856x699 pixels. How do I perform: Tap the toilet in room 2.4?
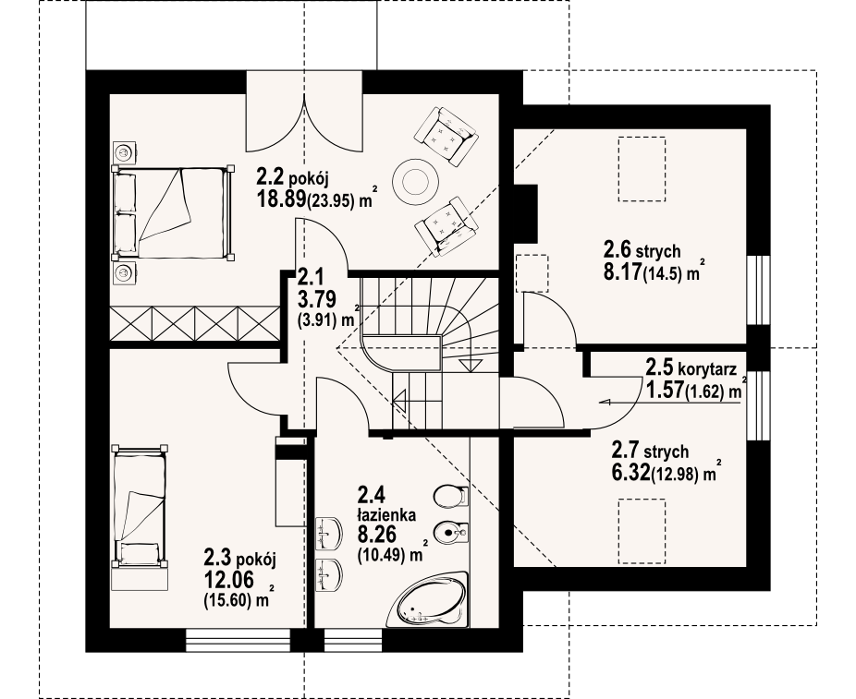point(451,496)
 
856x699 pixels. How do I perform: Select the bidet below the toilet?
point(451,532)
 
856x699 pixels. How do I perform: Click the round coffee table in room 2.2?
point(415,179)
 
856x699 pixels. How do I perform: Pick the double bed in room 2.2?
point(173,211)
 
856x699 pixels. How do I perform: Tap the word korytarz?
point(707,369)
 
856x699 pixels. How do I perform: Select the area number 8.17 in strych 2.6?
point(622,271)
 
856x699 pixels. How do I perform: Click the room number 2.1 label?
point(310,278)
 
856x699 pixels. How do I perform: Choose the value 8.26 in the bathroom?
point(376,534)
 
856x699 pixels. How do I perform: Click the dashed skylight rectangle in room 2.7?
point(642,531)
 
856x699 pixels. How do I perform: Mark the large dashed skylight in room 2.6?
point(642,169)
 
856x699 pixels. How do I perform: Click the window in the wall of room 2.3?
point(238,641)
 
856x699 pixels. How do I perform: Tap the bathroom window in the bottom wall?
point(353,641)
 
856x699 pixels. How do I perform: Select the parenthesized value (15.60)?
point(227,600)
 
